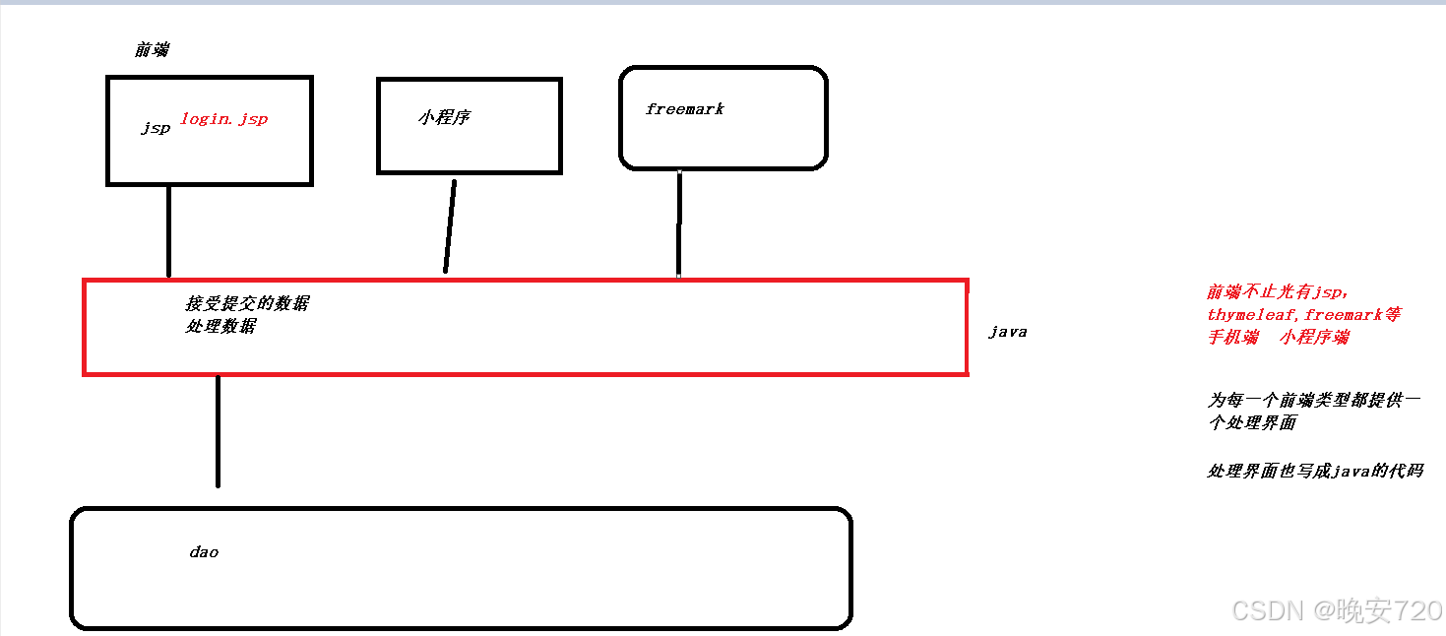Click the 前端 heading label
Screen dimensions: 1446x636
(152, 50)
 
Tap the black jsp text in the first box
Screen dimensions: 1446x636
(156, 128)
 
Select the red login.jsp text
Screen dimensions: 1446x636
(223, 119)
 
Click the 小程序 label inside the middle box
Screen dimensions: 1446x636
(444, 117)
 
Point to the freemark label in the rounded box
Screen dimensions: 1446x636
(684, 109)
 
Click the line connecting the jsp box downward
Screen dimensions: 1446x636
(169, 231)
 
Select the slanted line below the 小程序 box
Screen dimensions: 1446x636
(450, 225)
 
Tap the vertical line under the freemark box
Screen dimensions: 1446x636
(679, 223)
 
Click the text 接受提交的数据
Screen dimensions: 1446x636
(246, 304)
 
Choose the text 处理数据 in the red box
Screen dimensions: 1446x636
(220, 326)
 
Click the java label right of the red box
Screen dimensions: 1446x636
(1007, 332)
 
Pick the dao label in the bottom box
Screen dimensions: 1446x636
(204, 552)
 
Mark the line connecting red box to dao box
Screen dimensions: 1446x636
(218, 431)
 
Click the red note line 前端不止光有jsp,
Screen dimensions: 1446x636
(1277, 292)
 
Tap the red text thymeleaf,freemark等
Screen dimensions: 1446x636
(1303, 315)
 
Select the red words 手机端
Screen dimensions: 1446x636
(1233, 338)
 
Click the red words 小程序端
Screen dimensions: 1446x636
(1315, 338)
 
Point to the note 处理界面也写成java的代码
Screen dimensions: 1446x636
(1315, 472)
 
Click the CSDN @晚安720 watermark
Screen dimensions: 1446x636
(1336, 610)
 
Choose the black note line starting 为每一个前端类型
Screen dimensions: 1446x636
(1314, 401)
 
